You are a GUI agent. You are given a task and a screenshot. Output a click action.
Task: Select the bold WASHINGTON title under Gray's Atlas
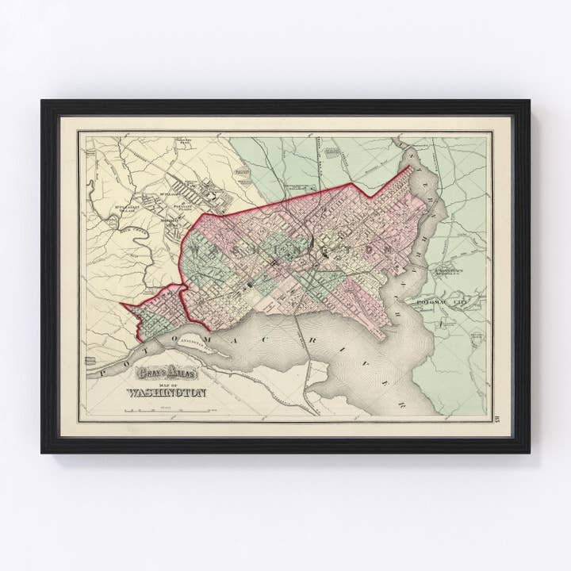click(167, 392)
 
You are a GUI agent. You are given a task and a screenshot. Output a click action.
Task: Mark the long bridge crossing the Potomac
click(299, 349)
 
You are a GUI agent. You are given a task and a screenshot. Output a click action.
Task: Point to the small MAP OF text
click(167, 381)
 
